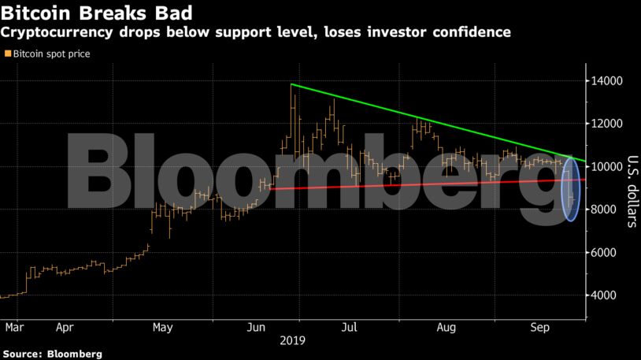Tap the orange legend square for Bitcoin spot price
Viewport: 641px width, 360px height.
click(x=8, y=54)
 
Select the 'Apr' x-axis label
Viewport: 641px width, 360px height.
click(x=65, y=326)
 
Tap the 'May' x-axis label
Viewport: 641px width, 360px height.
click(x=162, y=326)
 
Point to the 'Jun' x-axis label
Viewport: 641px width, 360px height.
click(x=257, y=326)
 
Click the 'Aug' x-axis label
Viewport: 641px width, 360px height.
click(x=446, y=326)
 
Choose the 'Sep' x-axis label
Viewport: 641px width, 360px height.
click(x=540, y=326)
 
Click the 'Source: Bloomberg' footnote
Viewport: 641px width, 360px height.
click(x=51, y=354)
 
